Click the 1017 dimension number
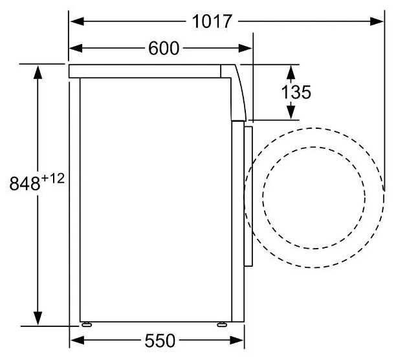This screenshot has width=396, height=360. (x=212, y=21)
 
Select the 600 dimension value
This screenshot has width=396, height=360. (x=164, y=49)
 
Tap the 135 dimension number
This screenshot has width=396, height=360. (x=296, y=92)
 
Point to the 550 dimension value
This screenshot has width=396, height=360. (x=160, y=341)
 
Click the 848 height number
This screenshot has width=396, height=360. (x=25, y=183)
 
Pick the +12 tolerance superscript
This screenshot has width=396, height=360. (x=53, y=179)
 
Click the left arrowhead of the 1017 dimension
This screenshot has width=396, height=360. (x=77, y=21)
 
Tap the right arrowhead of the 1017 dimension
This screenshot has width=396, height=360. (x=377, y=21)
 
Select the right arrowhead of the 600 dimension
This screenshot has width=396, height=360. (x=245, y=49)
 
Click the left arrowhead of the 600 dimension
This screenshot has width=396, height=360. (x=76, y=49)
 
